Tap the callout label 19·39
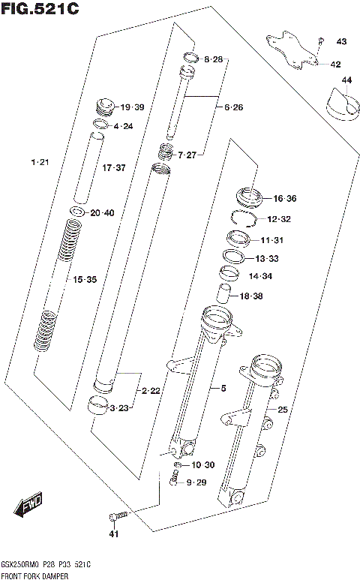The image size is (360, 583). (132, 107)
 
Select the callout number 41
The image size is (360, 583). (114, 534)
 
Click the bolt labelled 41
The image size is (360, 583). (118, 515)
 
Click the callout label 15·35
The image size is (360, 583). (85, 279)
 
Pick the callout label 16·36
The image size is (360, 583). (285, 199)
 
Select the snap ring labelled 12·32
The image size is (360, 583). (242, 218)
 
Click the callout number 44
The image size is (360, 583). (346, 80)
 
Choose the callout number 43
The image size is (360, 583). (341, 41)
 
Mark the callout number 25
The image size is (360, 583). (282, 410)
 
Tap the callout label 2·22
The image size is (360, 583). (151, 392)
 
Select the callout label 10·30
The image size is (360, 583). (203, 465)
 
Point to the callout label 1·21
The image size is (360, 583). (40, 163)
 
